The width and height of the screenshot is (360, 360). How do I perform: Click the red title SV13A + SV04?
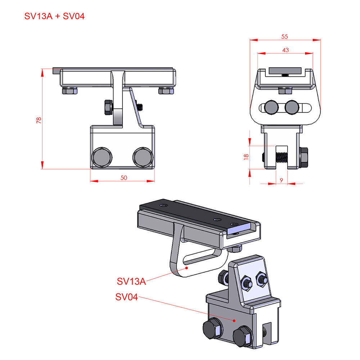tap(54, 16)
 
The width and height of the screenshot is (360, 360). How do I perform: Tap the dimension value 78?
tap(39, 120)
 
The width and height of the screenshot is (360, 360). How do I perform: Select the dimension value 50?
tap(124, 178)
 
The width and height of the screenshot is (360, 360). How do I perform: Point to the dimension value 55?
tap(284, 36)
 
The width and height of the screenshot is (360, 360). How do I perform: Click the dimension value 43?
tap(285, 50)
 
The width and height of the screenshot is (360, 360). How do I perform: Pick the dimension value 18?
tap(246, 157)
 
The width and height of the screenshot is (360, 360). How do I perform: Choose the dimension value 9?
tap(282, 180)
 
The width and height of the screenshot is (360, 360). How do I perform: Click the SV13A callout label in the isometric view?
tap(131, 281)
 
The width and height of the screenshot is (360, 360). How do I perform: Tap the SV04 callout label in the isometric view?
tap(126, 297)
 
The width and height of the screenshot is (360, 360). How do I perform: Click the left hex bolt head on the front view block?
tap(102, 157)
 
